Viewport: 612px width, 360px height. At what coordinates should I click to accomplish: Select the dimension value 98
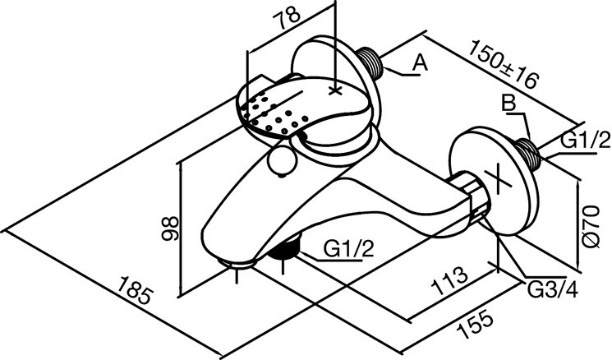click(170, 227)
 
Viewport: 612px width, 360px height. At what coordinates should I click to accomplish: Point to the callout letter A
click(419, 62)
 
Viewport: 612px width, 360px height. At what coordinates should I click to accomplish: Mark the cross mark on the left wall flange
click(334, 87)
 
